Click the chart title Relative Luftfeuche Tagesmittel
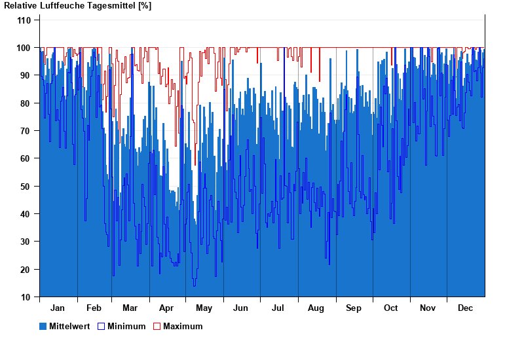(x=77, y=6)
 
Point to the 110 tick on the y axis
(x=24, y=20)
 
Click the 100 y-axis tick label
(x=24, y=48)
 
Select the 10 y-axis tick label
(x=26, y=297)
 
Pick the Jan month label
(x=58, y=308)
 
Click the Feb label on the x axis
(x=94, y=308)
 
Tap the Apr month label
(x=166, y=308)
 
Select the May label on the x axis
(x=204, y=308)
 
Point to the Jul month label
(x=278, y=308)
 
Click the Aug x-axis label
(x=316, y=308)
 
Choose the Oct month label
(x=391, y=308)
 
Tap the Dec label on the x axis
(x=465, y=308)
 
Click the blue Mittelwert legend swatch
(x=43, y=326)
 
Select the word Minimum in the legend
(x=126, y=326)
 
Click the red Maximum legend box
(x=157, y=326)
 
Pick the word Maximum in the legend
(x=183, y=326)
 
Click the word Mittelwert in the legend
(x=70, y=326)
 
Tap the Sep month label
(x=354, y=308)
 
